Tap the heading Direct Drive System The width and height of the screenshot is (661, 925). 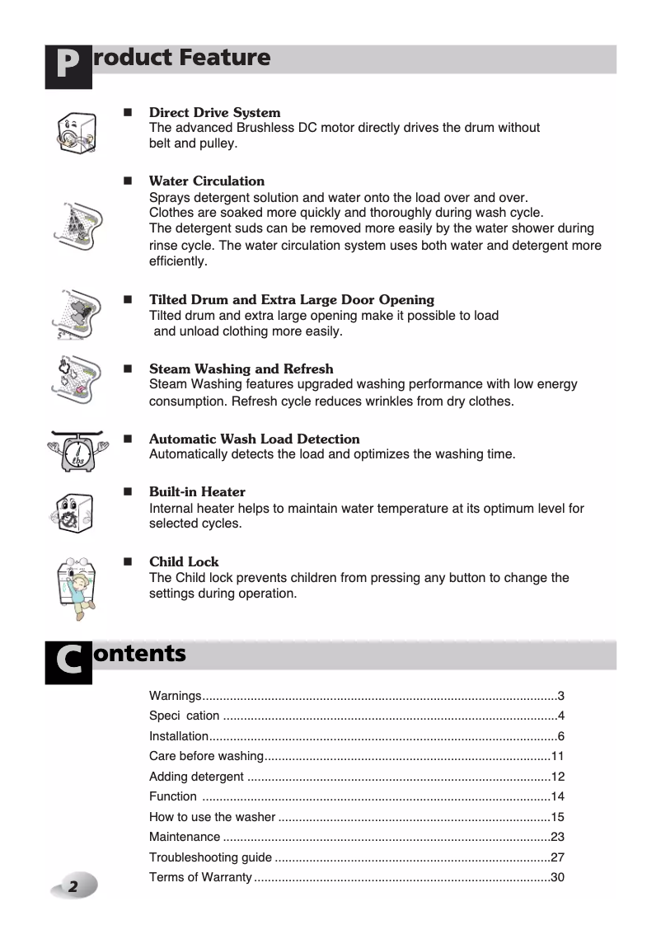tap(214, 112)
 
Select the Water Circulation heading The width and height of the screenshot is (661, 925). tap(206, 181)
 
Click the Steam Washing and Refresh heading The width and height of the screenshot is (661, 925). tap(241, 369)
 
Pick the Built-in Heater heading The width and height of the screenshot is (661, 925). tap(197, 491)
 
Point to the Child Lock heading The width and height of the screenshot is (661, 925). tap(184, 561)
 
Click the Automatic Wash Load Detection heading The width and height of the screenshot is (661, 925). tap(254, 439)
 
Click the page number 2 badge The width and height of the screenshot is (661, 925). tap(74, 886)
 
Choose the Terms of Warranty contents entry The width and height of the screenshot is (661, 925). tap(200, 877)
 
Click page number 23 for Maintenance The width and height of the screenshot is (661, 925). tap(556, 837)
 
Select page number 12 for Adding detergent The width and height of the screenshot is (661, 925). tap(556, 777)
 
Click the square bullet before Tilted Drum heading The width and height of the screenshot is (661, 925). tap(128, 299)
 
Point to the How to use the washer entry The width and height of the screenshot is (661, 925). tap(212, 817)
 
